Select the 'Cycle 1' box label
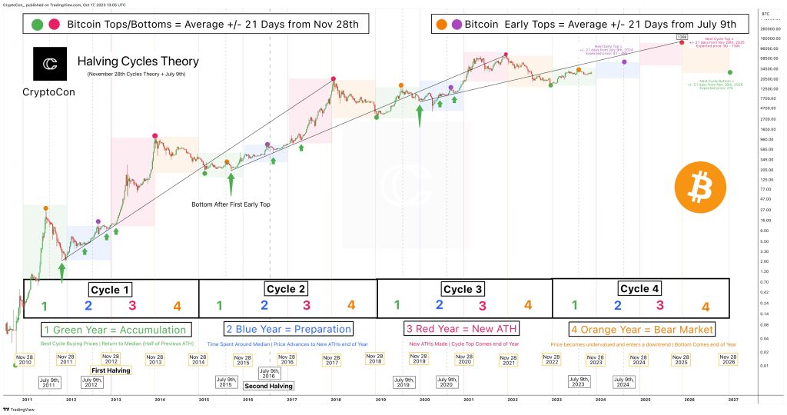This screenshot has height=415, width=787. tap(111, 290)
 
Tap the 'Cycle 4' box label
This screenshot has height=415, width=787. tap(639, 288)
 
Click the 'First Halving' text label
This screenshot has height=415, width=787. tap(111, 370)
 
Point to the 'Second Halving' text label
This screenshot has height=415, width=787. tap(267, 386)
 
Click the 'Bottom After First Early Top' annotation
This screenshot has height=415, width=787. tap(230, 204)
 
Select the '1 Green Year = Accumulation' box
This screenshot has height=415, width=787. tap(114, 329)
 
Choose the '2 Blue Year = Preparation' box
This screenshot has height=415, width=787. tap(288, 329)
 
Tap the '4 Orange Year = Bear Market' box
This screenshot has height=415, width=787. tap(641, 329)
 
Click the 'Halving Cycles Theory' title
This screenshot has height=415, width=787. tap(138, 61)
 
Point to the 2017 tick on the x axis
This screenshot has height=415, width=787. tap(291, 400)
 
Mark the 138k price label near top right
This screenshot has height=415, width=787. tap(682, 36)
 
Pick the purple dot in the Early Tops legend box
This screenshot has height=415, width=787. tap(458, 25)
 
